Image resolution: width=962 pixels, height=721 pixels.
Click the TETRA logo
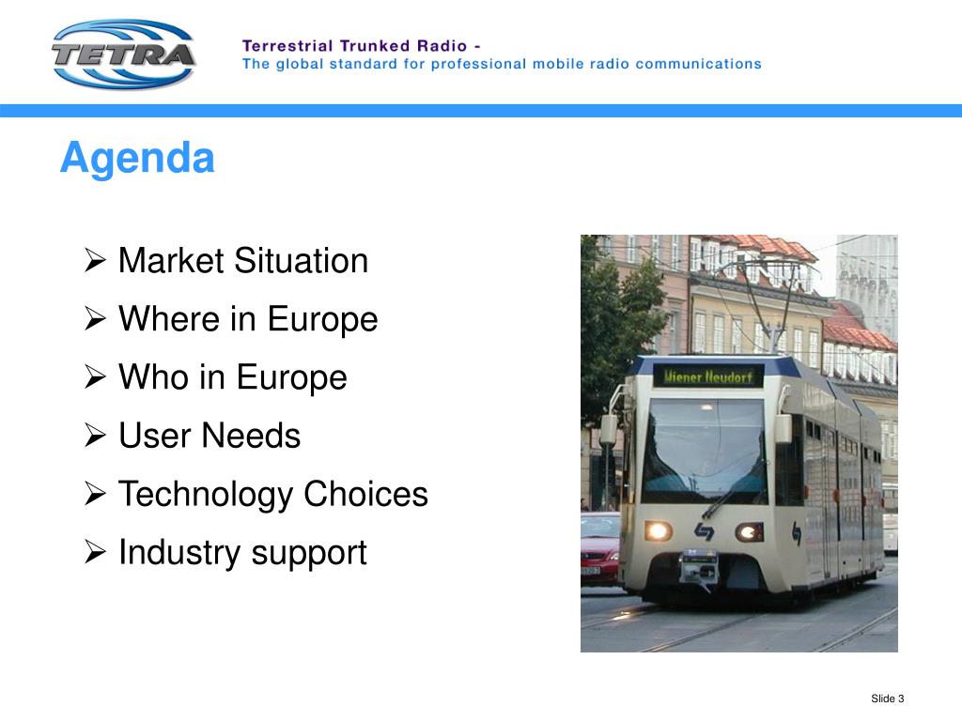pyautogui.click(x=124, y=54)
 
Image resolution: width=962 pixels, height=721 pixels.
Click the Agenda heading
pyautogui.click(x=137, y=158)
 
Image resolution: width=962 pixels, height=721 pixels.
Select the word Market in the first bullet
pyautogui.click(x=171, y=260)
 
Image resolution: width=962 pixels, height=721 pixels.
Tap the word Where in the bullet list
pyautogui.click(x=169, y=318)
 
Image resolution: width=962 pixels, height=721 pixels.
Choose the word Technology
pyautogui.click(x=205, y=494)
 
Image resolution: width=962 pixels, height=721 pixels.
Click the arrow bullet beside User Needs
pyautogui.click(x=95, y=436)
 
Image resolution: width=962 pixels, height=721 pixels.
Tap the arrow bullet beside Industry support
pyautogui.click(x=95, y=552)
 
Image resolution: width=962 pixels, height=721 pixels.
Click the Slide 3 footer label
pyautogui.click(x=887, y=698)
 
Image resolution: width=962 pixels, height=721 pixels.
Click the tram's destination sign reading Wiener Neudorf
pyautogui.click(x=708, y=376)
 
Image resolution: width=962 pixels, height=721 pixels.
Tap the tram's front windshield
pyautogui.click(x=705, y=451)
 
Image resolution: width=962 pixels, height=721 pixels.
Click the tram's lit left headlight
pyautogui.click(x=658, y=529)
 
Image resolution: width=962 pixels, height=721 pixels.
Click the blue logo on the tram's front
pyautogui.click(x=704, y=531)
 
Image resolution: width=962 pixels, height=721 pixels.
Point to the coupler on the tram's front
pyautogui.click(x=699, y=567)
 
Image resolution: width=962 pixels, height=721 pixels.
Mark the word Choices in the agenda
pyautogui.click(x=365, y=494)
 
